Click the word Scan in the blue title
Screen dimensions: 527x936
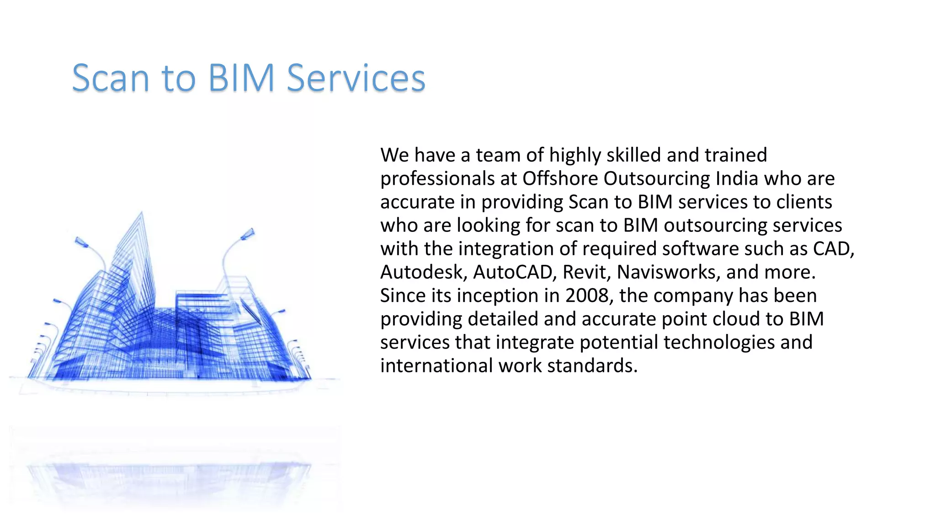[111, 78]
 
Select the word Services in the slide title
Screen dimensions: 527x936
[356, 78]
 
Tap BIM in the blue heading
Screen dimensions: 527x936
[241, 78]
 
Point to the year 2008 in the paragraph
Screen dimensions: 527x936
[587, 296]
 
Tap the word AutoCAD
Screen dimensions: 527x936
[514, 272]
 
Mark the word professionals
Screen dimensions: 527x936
[437, 179]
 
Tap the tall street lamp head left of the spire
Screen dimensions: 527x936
[82, 242]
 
